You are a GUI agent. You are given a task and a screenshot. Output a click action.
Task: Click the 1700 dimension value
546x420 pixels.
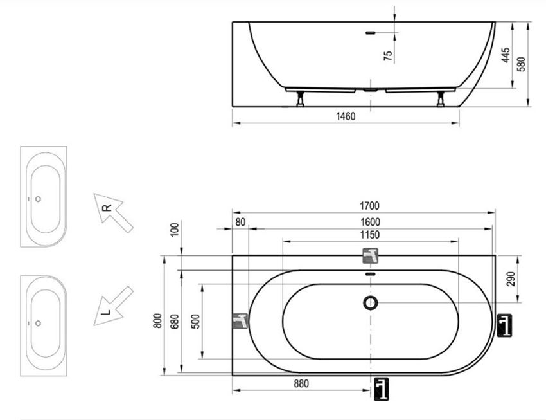tap(369, 206)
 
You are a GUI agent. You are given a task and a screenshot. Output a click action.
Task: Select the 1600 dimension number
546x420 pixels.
tap(370, 222)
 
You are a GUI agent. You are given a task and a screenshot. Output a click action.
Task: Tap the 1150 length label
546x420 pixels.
tap(369, 235)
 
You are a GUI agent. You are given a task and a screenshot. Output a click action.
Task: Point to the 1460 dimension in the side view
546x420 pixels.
tap(346, 116)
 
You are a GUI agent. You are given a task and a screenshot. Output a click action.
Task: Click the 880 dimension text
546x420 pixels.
tap(301, 383)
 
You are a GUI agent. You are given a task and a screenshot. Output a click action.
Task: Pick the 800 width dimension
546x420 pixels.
tap(157, 321)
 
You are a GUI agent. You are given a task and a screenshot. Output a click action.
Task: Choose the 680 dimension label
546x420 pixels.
tap(175, 322)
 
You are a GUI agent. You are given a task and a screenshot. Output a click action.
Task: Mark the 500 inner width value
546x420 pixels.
tap(196, 322)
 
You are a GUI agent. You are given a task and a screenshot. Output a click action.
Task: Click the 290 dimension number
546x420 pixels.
tap(511, 279)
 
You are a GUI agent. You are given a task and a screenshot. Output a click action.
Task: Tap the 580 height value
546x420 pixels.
tap(522, 64)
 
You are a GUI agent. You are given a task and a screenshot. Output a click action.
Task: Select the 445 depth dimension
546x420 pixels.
tap(506, 55)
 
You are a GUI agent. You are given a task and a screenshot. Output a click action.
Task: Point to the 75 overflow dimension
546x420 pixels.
tap(388, 56)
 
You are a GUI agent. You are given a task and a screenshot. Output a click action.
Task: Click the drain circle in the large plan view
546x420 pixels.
tap(371, 302)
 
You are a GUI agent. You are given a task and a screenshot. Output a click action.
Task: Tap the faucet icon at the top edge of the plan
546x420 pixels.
tap(371, 255)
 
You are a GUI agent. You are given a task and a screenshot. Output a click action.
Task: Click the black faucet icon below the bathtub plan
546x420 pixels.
tap(382, 389)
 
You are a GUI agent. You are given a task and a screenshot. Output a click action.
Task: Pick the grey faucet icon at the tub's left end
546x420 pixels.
tap(240, 321)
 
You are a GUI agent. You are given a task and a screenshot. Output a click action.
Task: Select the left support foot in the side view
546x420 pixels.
tap(300, 99)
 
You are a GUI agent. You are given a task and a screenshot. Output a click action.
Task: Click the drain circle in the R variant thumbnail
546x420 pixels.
tap(39, 199)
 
